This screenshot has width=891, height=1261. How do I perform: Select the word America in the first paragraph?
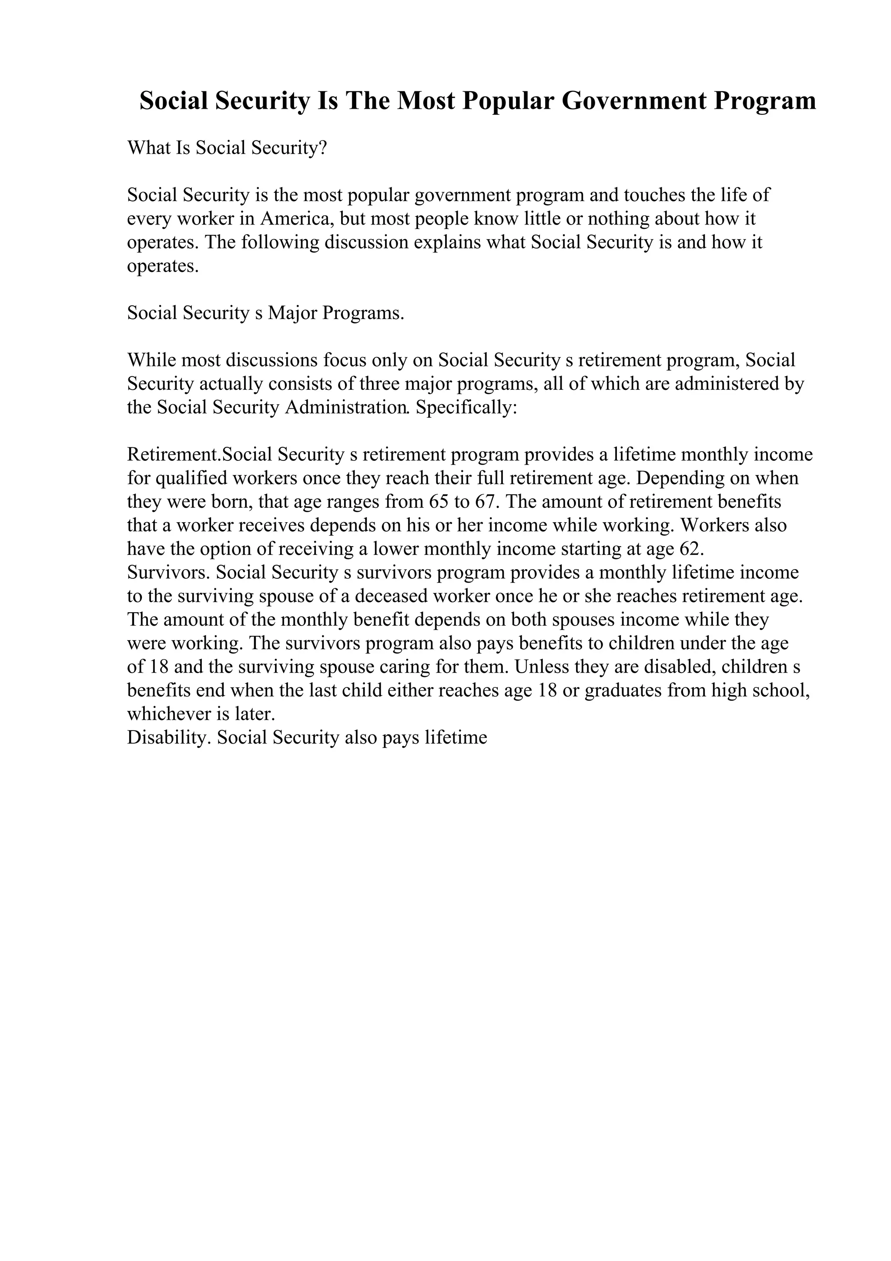point(296,219)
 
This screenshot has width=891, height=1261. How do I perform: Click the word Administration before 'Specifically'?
point(347,408)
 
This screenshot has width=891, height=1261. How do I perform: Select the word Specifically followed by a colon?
point(466,408)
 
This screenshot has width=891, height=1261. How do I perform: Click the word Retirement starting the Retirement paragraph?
point(172,455)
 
